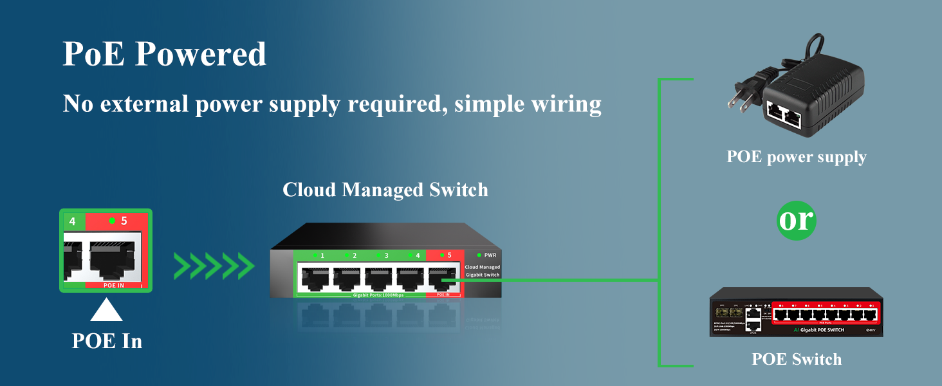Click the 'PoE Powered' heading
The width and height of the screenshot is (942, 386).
(x=164, y=54)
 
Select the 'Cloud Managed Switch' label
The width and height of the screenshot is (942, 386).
(x=385, y=190)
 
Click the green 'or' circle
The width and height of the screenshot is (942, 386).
(x=796, y=220)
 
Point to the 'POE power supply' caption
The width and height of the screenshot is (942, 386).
(x=796, y=156)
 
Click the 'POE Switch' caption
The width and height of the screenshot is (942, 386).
(x=796, y=358)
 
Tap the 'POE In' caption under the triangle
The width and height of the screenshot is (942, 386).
(x=107, y=340)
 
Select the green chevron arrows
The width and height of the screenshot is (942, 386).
(x=214, y=266)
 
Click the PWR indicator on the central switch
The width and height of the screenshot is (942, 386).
(x=487, y=255)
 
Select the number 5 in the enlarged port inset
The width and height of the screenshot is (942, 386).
(x=124, y=221)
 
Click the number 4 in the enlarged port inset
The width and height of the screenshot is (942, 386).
(x=72, y=222)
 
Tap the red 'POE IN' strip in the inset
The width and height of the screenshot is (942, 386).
(x=113, y=284)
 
